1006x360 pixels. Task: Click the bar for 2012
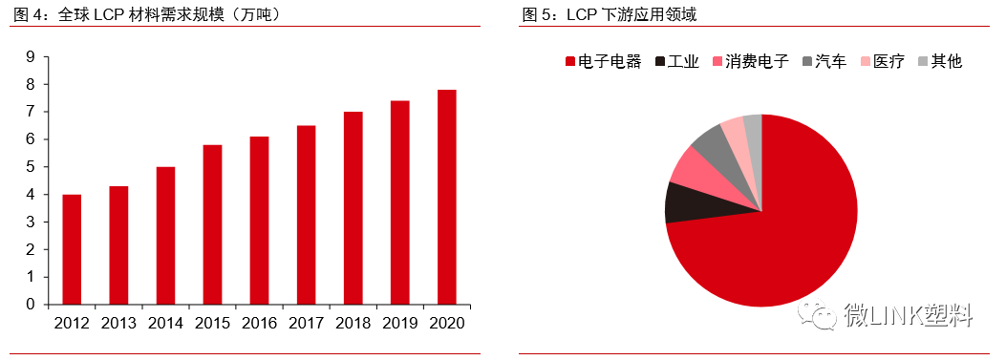point(72,249)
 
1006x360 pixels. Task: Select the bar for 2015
point(212,224)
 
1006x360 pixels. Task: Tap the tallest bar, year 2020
point(446,197)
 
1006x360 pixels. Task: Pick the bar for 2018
point(353,207)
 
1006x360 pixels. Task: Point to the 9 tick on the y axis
point(31,57)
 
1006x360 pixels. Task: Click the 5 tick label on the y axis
point(31,167)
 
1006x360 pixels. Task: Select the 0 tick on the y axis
point(31,305)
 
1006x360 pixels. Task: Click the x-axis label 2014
point(165,324)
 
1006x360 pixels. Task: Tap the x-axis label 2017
point(306,324)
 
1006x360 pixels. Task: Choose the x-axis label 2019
point(399,324)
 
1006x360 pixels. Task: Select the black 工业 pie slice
point(683,201)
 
